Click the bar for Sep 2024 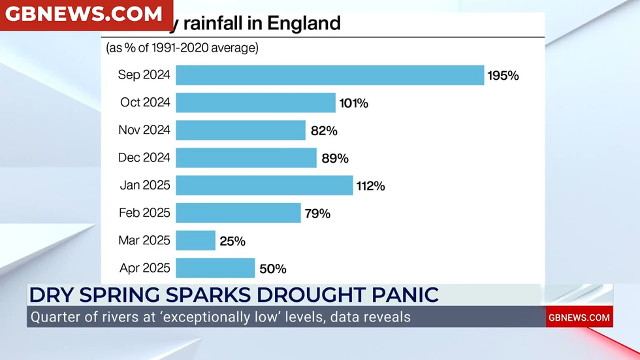pos(330,75)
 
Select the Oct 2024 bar pos(255,103)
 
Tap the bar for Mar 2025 pos(195,240)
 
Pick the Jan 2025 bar pos(264,186)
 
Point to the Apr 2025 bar pos(215,268)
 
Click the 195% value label pos(503,76)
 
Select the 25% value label pos(232,241)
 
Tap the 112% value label pos(370,186)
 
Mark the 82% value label pos(324,131)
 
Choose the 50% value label pos(272,269)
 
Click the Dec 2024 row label pos(144,157)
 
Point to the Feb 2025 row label pos(144,212)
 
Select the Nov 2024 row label pos(144,130)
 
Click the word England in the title pos(304,24)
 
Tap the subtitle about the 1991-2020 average pos(182,47)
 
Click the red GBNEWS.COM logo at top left pos(85,14)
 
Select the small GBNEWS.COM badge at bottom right pos(579,318)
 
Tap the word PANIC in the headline pos(409,294)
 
